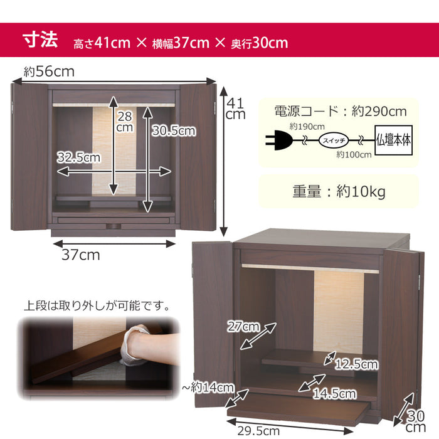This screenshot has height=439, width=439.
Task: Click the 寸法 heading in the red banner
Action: pos(40,40)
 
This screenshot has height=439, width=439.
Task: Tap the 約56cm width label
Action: pos(49,71)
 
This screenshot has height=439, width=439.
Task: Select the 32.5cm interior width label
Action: pos(78,157)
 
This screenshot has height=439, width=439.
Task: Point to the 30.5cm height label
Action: pos(174,130)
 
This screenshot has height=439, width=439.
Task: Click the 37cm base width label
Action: pos(81,255)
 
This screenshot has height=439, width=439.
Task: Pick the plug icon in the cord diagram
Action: pos(279,140)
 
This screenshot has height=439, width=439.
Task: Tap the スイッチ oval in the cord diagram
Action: pos(334,140)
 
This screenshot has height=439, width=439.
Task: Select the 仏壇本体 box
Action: pos(393,140)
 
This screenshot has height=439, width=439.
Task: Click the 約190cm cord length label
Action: pos(307,127)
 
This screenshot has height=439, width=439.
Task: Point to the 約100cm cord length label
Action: pos(354,154)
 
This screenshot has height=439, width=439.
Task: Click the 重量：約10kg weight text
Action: pos(339,192)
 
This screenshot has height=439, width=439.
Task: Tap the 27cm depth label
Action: pos(243,327)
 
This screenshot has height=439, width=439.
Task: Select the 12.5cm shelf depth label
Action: pos(357,364)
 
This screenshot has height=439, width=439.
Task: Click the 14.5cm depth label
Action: pos(334,394)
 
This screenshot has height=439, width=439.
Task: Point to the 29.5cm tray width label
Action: pos(258,431)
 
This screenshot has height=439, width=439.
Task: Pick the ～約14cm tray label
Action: pos(208,388)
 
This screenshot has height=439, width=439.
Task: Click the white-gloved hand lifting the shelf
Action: pos(135,345)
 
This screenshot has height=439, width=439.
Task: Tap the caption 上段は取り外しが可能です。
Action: pos(97,305)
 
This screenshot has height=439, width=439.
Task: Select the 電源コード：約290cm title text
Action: pos(340,111)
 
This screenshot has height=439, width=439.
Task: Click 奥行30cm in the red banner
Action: pos(259,43)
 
